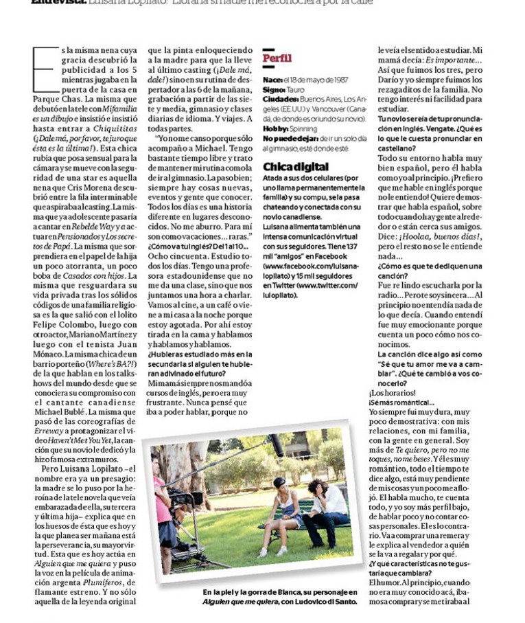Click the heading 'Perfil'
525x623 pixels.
point(277,58)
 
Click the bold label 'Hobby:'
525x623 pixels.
point(275,128)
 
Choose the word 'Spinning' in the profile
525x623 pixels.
point(303,128)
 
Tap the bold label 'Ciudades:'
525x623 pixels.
point(280,99)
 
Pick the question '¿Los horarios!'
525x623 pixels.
point(393,394)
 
